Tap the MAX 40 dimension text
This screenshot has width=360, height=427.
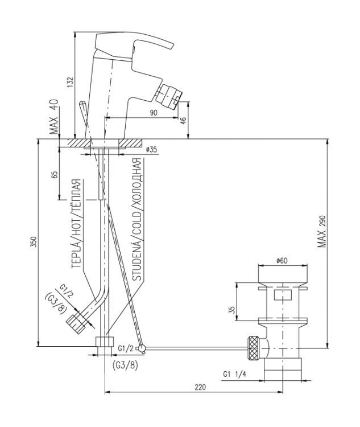[54, 117]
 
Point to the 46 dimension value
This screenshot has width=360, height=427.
[183, 120]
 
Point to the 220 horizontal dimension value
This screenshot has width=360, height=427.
[200, 387]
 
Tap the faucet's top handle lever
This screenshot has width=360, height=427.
[134, 43]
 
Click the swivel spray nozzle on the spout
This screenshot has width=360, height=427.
[169, 93]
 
